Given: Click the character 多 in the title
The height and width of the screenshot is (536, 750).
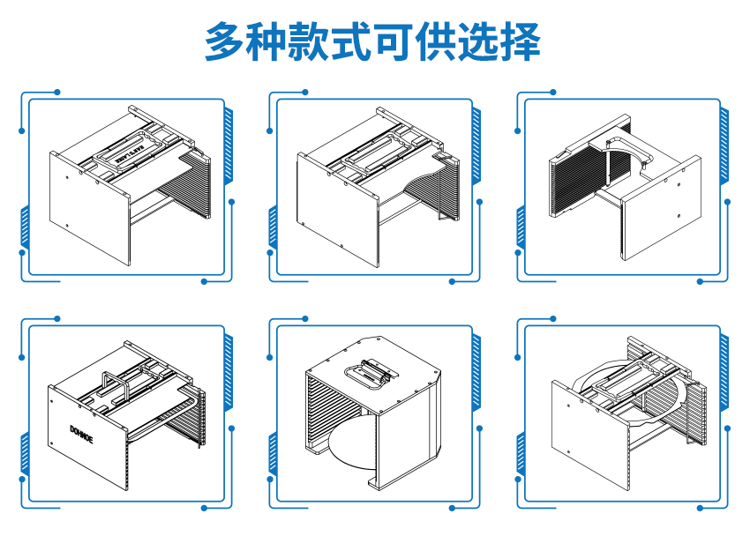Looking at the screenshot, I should [224, 41].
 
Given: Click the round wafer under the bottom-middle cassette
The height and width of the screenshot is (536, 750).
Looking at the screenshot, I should [349, 450].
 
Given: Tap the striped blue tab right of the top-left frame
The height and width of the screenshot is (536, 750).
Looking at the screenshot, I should [229, 141].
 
